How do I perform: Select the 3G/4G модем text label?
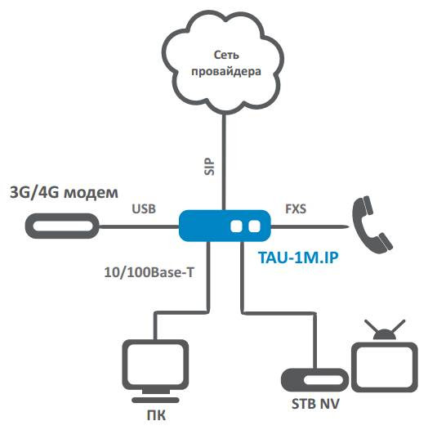(x=63, y=193)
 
